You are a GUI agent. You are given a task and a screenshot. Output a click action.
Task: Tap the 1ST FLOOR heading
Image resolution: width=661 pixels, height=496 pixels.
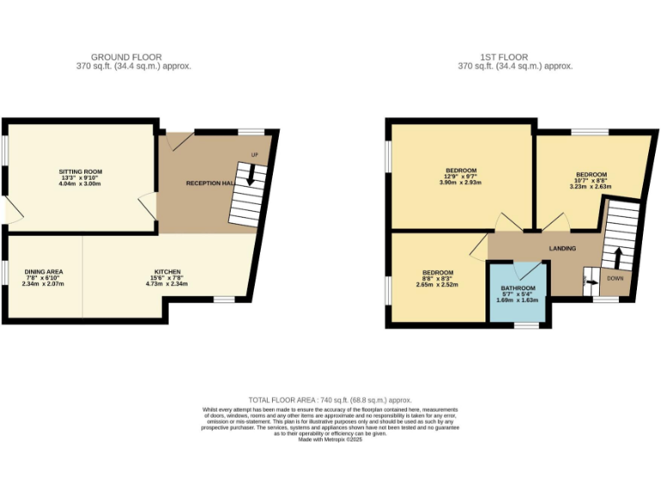click(x=514, y=58)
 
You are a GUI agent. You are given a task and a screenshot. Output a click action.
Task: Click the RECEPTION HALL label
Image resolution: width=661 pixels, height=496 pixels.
click(x=210, y=183)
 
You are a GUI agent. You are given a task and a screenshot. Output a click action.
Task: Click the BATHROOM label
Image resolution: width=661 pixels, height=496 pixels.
click(x=518, y=288)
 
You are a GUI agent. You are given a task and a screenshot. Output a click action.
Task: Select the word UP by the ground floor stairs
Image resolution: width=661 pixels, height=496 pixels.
click(x=255, y=155)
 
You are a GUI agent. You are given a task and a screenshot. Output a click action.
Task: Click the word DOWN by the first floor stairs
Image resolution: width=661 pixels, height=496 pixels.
click(x=615, y=278)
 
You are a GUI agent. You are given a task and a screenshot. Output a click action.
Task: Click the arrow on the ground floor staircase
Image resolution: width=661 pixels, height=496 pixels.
click(x=250, y=177)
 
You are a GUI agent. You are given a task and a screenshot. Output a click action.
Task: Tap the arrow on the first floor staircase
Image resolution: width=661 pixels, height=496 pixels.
click(x=617, y=256)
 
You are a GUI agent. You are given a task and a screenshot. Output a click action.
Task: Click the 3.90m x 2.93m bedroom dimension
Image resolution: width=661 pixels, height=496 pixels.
click(x=461, y=183)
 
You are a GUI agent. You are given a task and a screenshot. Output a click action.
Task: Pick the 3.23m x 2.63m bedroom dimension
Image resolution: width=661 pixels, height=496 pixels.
click(x=590, y=186)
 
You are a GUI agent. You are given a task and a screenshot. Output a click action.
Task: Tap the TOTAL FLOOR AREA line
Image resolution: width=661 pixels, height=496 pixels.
click(x=330, y=400)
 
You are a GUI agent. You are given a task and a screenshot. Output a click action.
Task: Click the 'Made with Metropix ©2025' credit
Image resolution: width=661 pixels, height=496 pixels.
click(x=330, y=439)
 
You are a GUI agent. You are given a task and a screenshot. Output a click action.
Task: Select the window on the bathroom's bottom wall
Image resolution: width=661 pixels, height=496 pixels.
click(x=524, y=325)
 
